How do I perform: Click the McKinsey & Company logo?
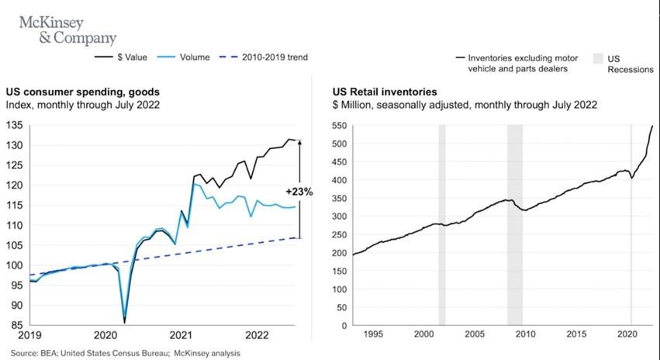[67, 29]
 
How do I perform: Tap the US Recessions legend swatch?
[598, 58]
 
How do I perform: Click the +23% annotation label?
[299, 191]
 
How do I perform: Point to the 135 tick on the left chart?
[15, 125]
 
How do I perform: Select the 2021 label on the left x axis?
[181, 335]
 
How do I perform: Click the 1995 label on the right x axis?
[373, 334]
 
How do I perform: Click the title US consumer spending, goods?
[79, 91]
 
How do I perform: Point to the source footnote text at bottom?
[125, 353]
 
